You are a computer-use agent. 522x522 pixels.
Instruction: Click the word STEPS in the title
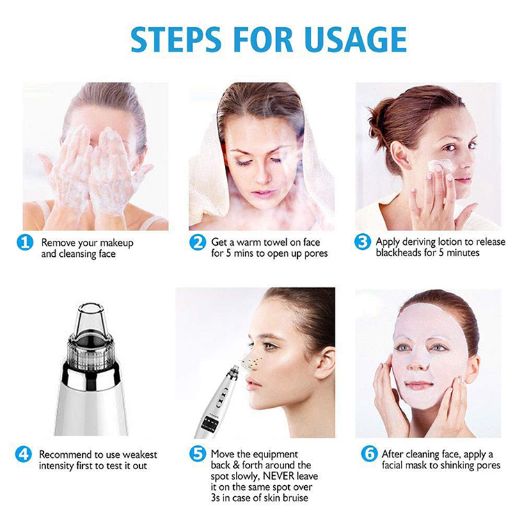click(176, 40)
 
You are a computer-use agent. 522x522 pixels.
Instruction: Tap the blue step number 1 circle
click(25, 242)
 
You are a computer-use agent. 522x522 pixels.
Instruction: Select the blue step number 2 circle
click(198, 242)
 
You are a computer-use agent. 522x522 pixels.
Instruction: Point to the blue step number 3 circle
click(363, 242)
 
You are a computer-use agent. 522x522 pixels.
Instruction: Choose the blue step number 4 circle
click(23, 454)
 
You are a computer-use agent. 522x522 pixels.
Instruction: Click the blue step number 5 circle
click(198, 454)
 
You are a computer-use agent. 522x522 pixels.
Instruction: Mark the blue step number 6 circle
click(369, 454)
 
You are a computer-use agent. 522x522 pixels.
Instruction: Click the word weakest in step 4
click(137, 454)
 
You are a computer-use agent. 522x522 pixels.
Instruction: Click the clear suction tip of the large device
click(90, 319)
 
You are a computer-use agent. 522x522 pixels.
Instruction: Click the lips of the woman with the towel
click(263, 193)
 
